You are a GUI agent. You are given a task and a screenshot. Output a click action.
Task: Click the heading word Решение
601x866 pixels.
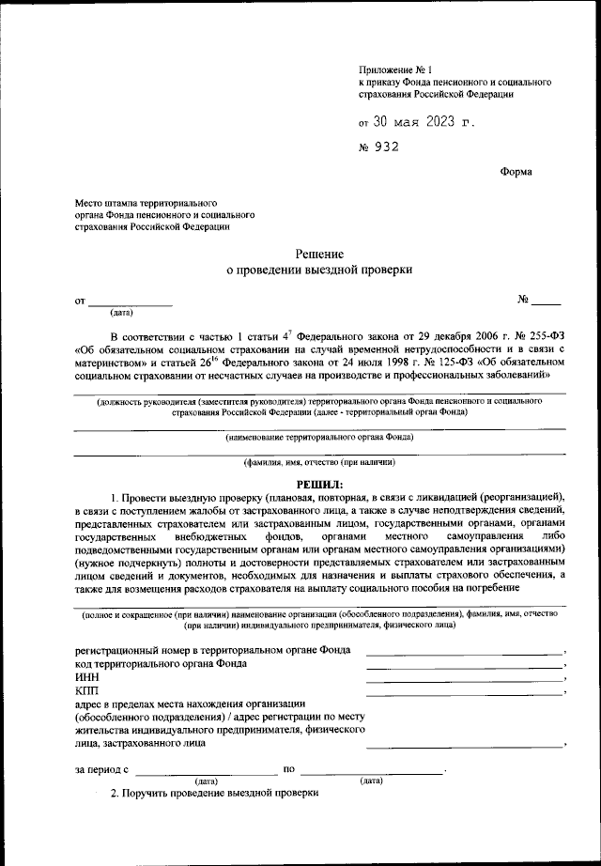pyautogui.click(x=319, y=254)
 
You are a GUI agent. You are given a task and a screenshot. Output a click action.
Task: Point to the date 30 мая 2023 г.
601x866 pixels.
pyautogui.click(x=417, y=122)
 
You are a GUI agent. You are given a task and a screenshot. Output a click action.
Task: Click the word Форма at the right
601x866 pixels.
pyautogui.click(x=516, y=172)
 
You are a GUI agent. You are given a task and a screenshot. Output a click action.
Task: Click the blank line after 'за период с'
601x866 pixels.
pyautogui.click(x=207, y=772)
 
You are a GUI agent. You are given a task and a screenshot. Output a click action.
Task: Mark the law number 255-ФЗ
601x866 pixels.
pyautogui.click(x=540, y=337)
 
